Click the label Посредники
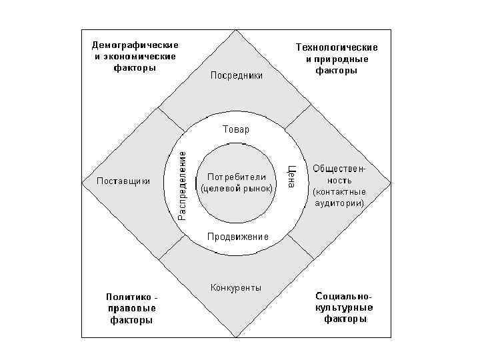[x=236, y=75]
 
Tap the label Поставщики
[x=123, y=181]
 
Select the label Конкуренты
[x=236, y=288]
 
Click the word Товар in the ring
[x=236, y=129]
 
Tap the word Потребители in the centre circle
[x=237, y=177]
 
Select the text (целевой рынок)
[x=237, y=189]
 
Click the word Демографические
[x=135, y=45]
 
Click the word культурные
[x=344, y=308]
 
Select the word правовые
[x=131, y=308]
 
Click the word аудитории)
[x=340, y=203]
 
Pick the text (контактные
[x=339, y=191]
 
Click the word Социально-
[x=344, y=296]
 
